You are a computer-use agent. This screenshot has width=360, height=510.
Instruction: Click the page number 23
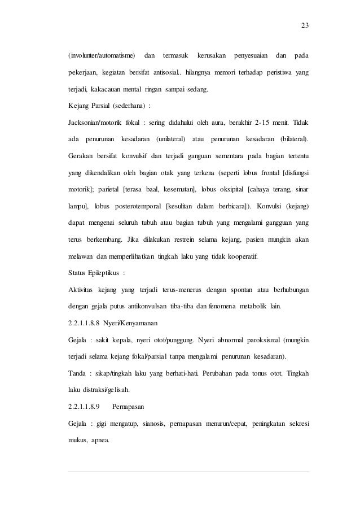305,25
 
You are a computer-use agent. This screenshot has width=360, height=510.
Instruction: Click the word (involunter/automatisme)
102,56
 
